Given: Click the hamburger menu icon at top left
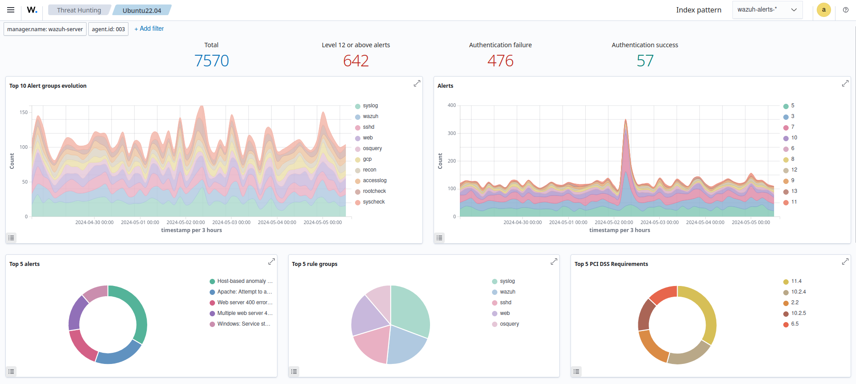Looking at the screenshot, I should click(11, 10).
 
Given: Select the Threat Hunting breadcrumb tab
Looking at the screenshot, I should click(79, 10).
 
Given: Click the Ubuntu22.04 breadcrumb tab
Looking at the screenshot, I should click(142, 10).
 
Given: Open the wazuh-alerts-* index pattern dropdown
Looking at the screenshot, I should click(767, 10).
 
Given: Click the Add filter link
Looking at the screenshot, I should click(149, 29).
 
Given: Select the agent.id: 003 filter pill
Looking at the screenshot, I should click(108, 29).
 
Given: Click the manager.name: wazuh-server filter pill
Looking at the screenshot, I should click(45, 29).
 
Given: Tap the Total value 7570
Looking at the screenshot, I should click(211, 61).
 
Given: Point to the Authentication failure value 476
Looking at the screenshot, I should click(500, 61).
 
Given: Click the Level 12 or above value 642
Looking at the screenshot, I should click(356, 61).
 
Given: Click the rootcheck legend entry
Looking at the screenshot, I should click(374, 191).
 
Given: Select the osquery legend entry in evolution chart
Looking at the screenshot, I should click(372, 148).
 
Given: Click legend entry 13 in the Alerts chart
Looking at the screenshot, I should click(794, 191).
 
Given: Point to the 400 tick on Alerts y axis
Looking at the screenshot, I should click(451, 106).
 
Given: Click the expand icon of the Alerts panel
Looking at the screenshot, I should click(845, 84).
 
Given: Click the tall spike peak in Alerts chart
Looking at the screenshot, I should click(626, 120).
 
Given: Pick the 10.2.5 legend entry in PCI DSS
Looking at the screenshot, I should click(798, 313).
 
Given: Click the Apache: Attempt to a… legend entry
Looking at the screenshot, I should click(244, 292).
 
